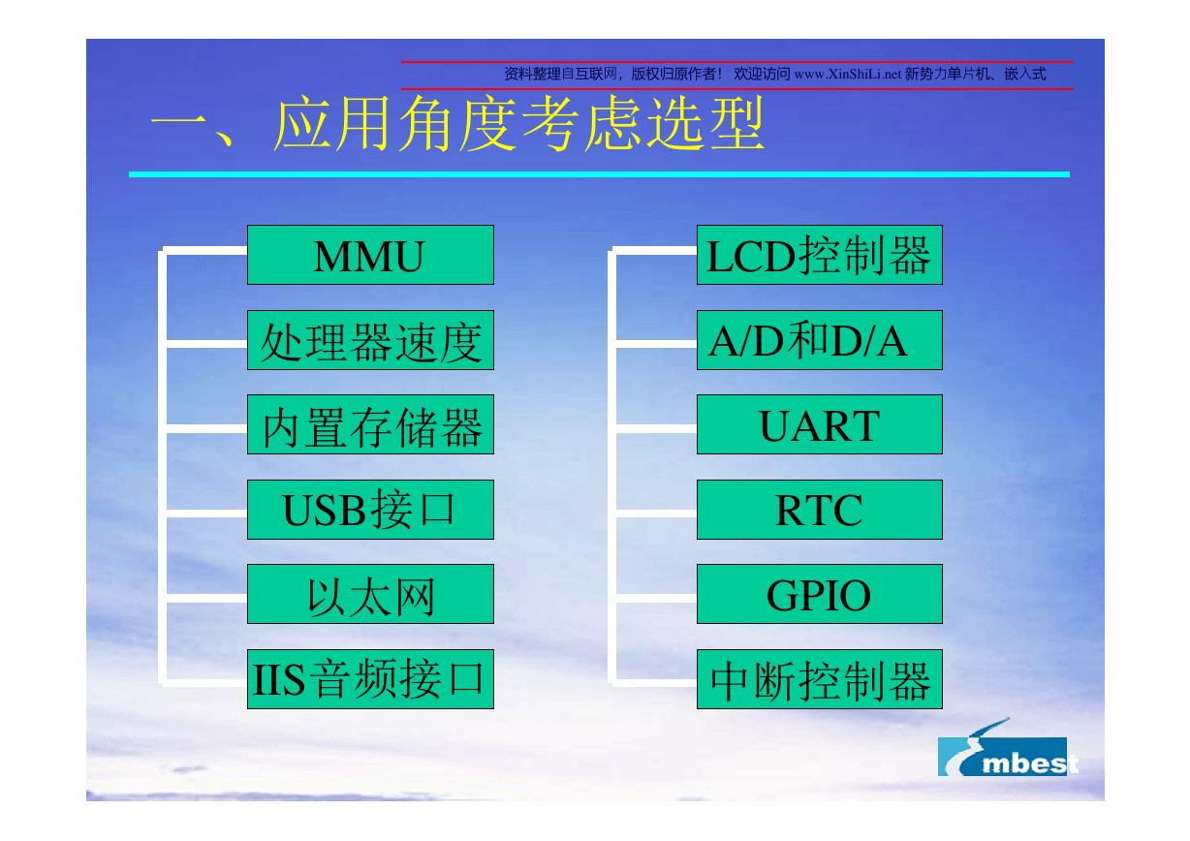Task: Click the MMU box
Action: [370, 255]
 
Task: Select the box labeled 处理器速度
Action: [370, 340]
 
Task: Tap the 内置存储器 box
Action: [370, 424]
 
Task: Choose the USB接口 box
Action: [370, 510]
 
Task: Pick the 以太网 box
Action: [370, 594]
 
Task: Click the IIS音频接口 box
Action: [370, 679]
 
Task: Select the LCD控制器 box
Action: [820, 255]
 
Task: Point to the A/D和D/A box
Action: [820, 340]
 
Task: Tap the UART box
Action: [820, 424]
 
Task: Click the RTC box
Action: [820, 510]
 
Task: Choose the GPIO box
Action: [820, 594]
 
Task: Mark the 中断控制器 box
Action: [820, 679]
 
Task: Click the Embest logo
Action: [1007, 748]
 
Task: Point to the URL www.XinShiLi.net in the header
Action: [848, 74]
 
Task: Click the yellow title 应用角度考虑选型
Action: [518, 123]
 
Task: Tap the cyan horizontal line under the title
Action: [599, 174]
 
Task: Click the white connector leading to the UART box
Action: [656, 428]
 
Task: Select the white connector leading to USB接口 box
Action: [206, 514]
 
